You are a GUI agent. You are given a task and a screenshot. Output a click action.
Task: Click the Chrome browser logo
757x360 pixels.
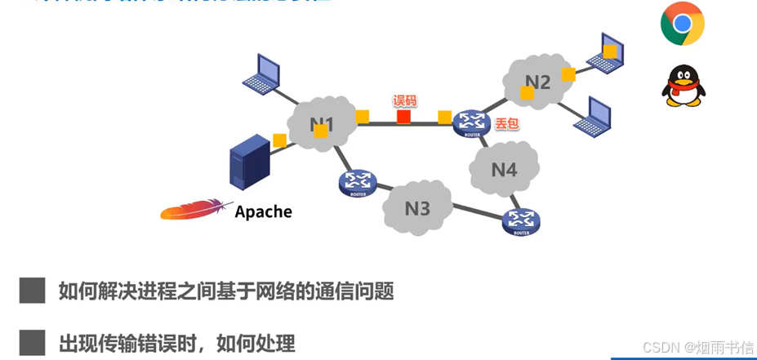[682, 23]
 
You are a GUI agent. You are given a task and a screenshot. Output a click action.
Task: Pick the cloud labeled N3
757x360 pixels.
[417, 208]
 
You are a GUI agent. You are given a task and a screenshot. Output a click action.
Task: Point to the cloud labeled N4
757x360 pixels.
[504, 170]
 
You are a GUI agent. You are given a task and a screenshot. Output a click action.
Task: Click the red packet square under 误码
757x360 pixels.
[403, 118]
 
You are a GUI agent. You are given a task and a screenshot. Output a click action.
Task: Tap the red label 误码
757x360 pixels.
[405, 100]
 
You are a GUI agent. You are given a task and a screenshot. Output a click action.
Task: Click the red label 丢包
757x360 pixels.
[506, 125]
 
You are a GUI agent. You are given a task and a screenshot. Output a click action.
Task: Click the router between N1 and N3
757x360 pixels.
[357, 183]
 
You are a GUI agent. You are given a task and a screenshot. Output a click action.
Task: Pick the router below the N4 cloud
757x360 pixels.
[521, 220]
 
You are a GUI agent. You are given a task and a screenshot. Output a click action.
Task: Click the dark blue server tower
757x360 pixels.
[249, 164]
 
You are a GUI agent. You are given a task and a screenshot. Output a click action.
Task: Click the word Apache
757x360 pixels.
[263, 212]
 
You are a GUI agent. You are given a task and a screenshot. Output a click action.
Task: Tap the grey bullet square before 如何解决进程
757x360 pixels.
[32, 290]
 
